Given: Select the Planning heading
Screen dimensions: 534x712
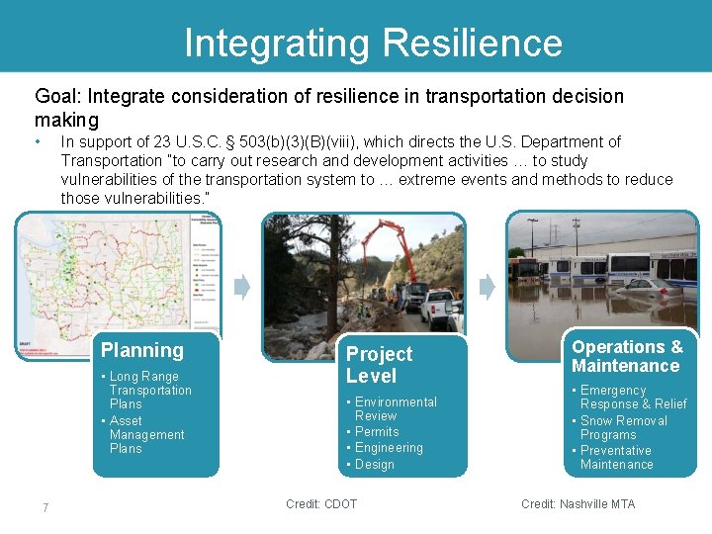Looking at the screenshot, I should (x=142, y=350).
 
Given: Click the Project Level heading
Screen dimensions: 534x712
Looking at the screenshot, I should (x=379, y=365).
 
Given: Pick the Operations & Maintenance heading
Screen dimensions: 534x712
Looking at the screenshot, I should (x=626, y=356).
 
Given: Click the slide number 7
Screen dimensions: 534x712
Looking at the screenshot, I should (x=45, y=508).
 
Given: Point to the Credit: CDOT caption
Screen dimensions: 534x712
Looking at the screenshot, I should (x=321, y=504).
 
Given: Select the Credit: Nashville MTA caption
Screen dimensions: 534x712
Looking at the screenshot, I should (x=578, y=504).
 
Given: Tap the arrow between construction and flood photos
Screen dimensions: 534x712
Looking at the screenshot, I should (x=487, y=288).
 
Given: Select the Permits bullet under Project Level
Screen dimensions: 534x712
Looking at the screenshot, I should (x=376, y=432).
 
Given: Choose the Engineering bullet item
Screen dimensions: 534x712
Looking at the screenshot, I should (x=388, y=448).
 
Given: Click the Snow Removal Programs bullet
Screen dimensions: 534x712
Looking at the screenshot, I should (x=623, y=427).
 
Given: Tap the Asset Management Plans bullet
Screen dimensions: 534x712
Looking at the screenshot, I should (x=145, y=434).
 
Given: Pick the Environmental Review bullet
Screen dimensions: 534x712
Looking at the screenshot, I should (x=394, y=408).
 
